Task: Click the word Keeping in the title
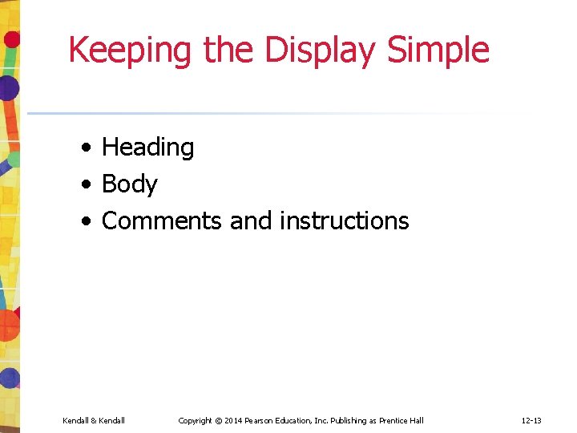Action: [131, 51]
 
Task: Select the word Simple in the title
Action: [438, 51]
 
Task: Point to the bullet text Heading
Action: [148, 148]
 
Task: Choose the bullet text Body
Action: [130, 184]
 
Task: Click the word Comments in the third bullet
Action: [162, 221]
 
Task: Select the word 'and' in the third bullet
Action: [251, 221]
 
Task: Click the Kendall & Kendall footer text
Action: [94, 421]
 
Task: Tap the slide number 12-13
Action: [531, 421]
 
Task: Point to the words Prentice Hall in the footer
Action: [401, 421]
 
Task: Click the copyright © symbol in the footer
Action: [218, 421]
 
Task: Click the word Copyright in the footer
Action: [195, 421]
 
